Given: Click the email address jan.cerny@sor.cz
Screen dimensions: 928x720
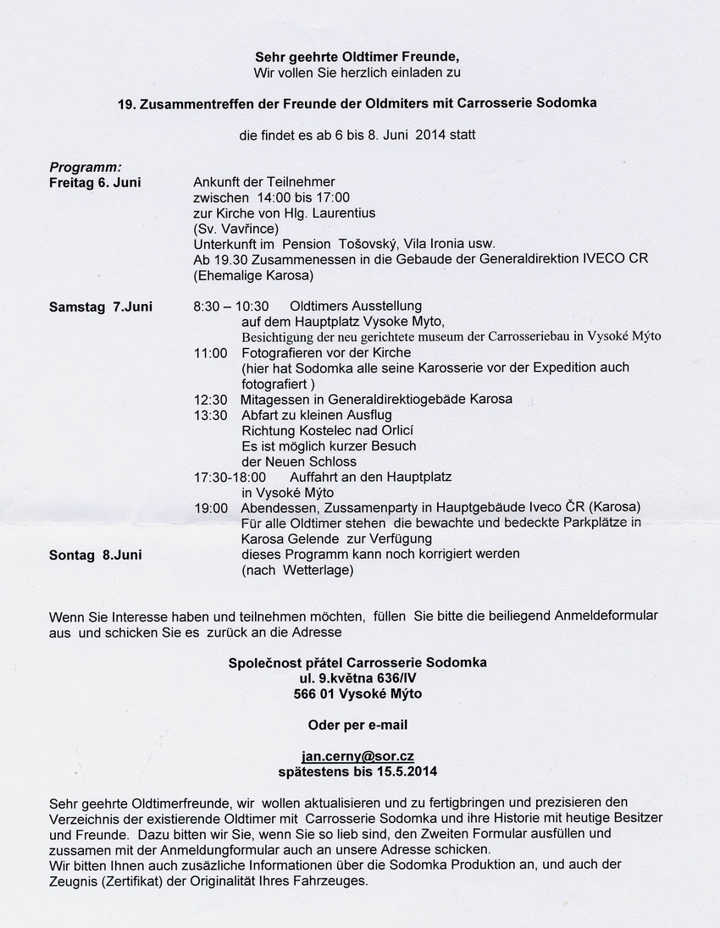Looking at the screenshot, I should (357, 756).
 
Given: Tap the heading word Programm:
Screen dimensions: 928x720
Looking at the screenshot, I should (86, 167).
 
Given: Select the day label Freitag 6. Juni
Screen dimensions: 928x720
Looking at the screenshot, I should (95, 182).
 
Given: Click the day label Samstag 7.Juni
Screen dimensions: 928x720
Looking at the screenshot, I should (101, 307).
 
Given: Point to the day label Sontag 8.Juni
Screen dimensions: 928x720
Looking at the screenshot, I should (96, 555).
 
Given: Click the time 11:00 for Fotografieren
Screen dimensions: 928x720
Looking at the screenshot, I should (210, 352).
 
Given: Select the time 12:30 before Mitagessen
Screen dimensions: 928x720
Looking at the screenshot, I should (210, 399).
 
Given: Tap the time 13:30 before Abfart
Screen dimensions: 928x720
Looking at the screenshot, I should (210, 415).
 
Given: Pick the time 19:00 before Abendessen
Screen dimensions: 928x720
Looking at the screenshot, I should (210, 508).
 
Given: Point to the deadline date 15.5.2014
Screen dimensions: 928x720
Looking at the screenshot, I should (402, 771).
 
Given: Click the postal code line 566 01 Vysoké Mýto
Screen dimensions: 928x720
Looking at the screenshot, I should (357, 693).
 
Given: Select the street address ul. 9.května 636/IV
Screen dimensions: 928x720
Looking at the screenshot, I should (357, 678).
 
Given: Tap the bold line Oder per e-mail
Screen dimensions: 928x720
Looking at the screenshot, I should (357, 725).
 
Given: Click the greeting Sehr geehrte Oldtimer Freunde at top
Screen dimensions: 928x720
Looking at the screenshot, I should (357, 57).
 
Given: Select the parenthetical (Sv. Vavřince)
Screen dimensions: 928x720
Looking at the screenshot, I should (235, 229).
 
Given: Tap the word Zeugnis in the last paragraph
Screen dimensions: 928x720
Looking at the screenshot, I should (73, 881).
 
